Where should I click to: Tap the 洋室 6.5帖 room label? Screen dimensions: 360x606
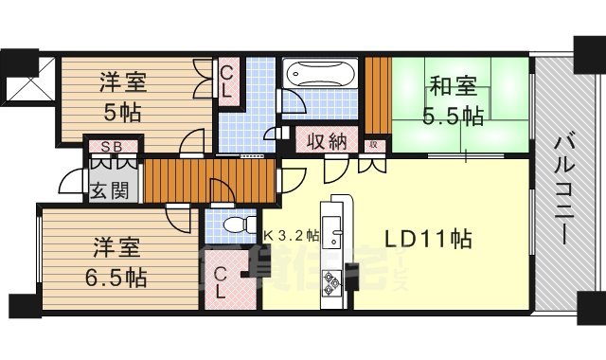[x=118, y=264]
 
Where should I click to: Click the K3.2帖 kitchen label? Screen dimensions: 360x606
[x=291, y=234]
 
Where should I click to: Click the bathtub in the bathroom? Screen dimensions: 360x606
[x=320, y=74]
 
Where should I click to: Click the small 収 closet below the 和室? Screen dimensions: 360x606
[x=375, y=144]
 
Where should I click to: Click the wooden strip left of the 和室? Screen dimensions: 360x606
[x=379, y=95]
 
